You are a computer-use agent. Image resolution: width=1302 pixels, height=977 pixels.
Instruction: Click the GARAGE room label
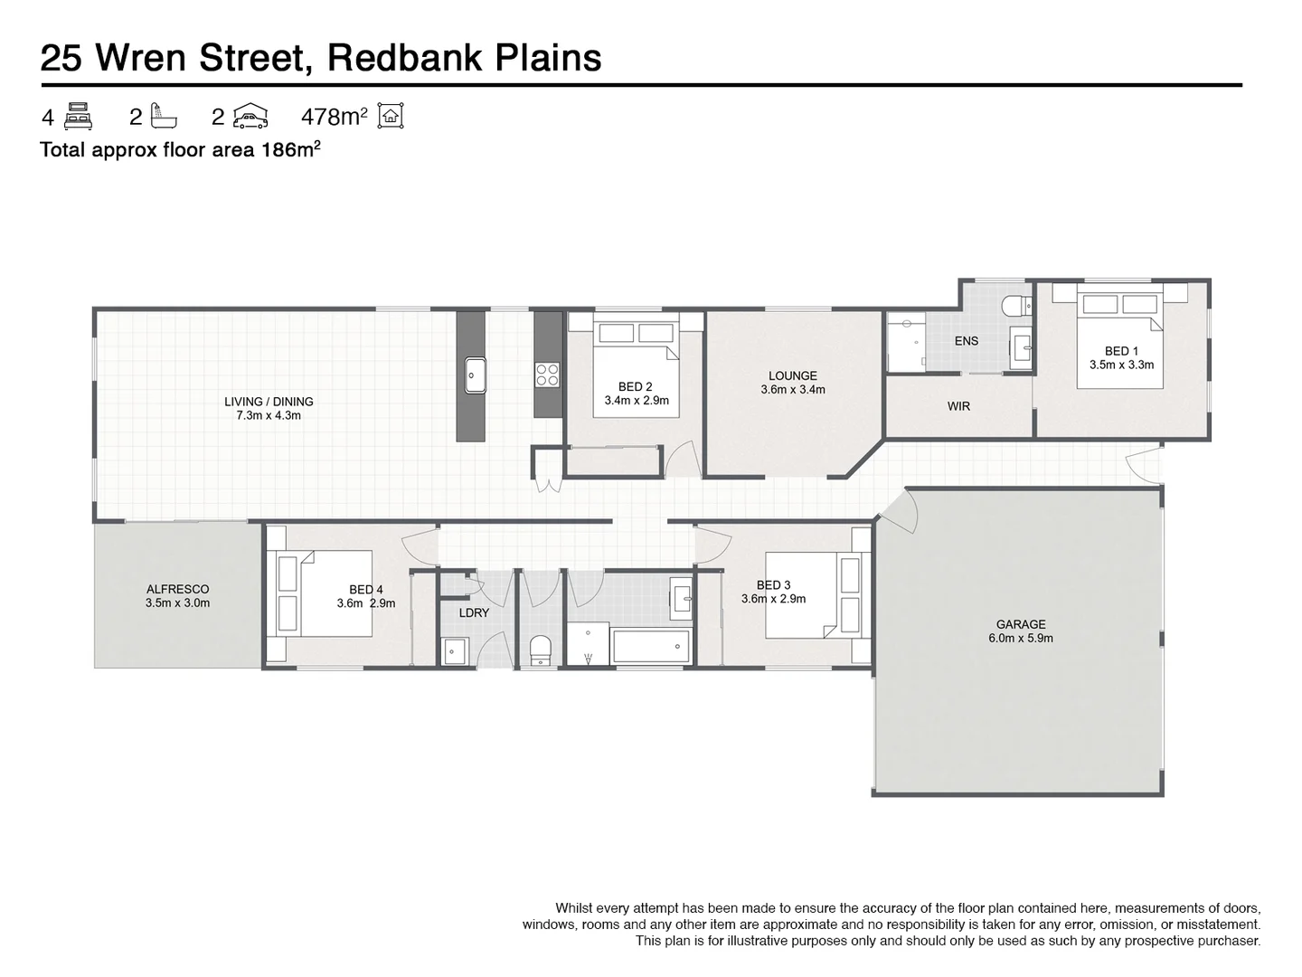[x=1021, y=624]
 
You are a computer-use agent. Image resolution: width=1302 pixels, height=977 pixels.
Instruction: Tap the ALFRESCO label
[x=177, y=589]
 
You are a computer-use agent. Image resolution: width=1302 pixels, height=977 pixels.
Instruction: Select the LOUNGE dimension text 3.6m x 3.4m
[x=793, y=390]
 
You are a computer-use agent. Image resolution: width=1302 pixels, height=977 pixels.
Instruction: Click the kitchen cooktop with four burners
[x=547, y=374]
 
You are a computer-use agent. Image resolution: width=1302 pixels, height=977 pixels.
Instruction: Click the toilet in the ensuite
[x=1016, y=306]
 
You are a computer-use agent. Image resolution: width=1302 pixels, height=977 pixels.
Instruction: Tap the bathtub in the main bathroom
[x=651, y=646]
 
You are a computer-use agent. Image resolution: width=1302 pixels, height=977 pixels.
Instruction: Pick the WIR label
[x=958, y=406]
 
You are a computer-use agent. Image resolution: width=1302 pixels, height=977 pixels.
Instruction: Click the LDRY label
[x=474, y=612]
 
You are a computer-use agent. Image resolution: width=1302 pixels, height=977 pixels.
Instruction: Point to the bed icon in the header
[x=80, y=116]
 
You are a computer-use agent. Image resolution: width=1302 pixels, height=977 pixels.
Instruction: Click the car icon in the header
[x=250, y=116]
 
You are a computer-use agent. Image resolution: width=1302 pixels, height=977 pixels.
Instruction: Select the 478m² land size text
[x=334, y=117]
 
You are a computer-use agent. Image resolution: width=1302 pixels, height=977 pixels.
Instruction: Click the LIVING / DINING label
[x=269, y=402]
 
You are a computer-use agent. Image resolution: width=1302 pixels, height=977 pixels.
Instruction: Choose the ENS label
[x=966, y=341]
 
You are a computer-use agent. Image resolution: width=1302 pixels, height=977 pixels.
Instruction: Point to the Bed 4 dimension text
[x=365, y=603]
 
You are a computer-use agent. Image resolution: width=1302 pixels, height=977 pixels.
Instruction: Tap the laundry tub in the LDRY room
[x=455, y=650]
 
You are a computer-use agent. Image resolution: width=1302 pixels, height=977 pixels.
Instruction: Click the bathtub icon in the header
[x=165, y=116]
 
